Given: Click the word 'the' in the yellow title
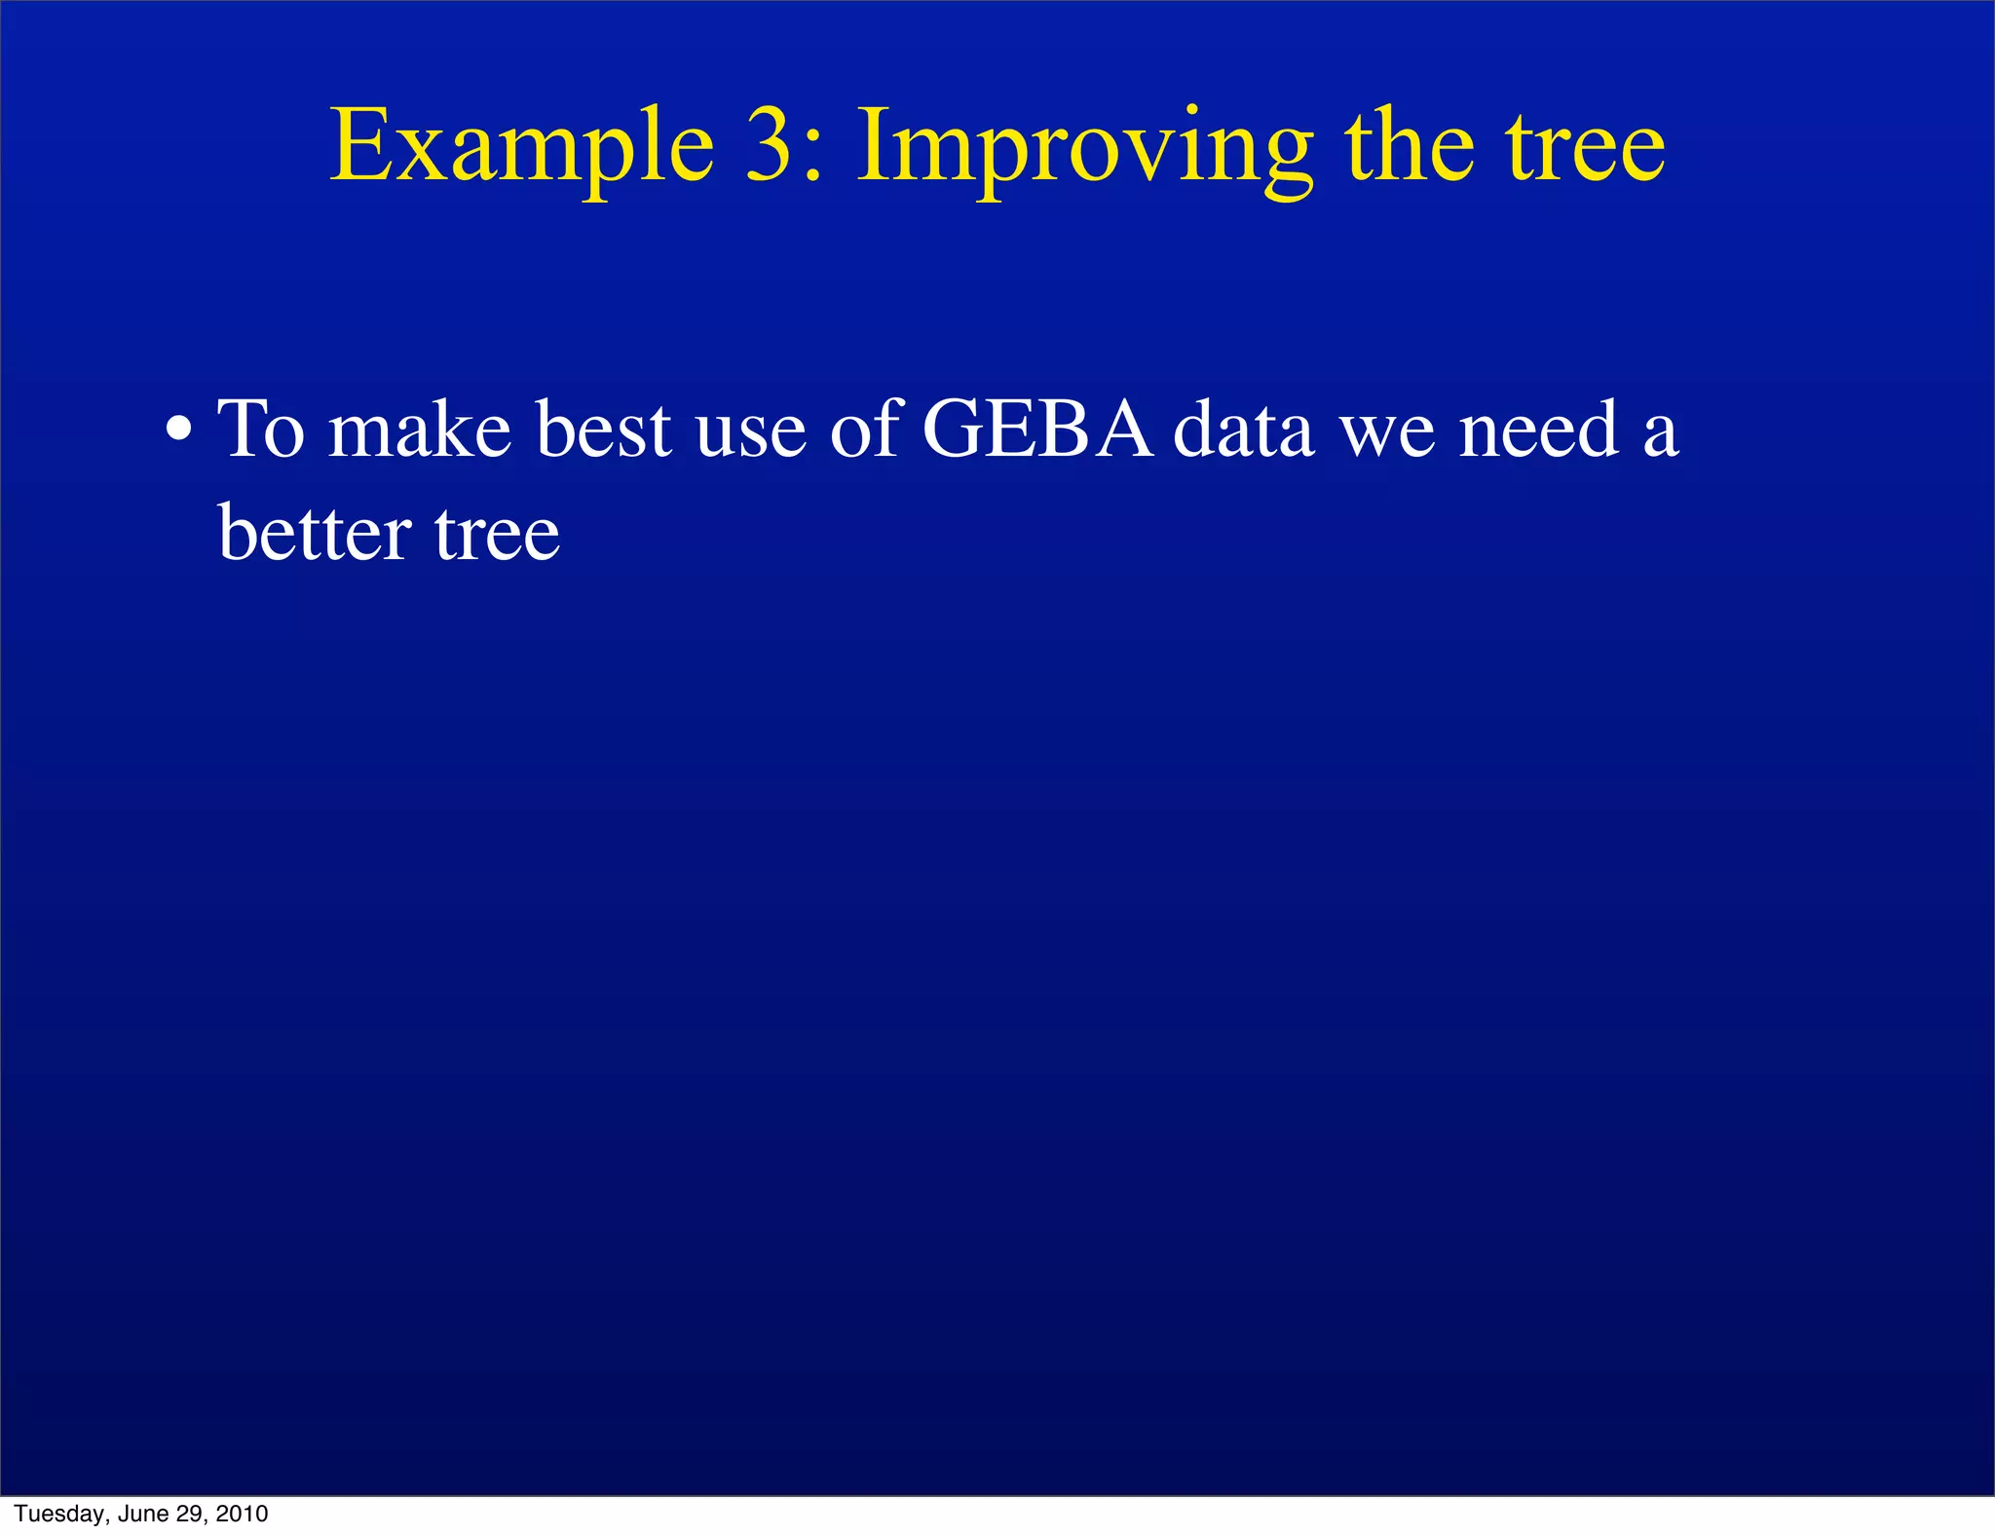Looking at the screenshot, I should tap(1410, 146).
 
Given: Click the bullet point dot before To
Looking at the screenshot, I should tap(179, 430).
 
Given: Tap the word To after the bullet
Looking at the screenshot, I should tap(261, 429).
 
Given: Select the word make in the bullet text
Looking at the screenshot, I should tap(419, 429).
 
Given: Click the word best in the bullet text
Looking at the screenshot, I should tap(603, 429).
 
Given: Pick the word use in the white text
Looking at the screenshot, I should tap(750, 432).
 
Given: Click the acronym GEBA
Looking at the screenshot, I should tap(1036, 429).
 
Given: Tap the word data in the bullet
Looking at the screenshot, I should tap(1243, 429).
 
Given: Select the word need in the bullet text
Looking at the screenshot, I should tap(1538, 429).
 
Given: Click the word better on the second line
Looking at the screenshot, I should tap(314, 533).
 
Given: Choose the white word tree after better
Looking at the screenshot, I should tap(497, 535).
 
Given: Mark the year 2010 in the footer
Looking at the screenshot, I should tap(242, 1514).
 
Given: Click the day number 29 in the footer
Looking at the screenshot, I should tap(190, 1514).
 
